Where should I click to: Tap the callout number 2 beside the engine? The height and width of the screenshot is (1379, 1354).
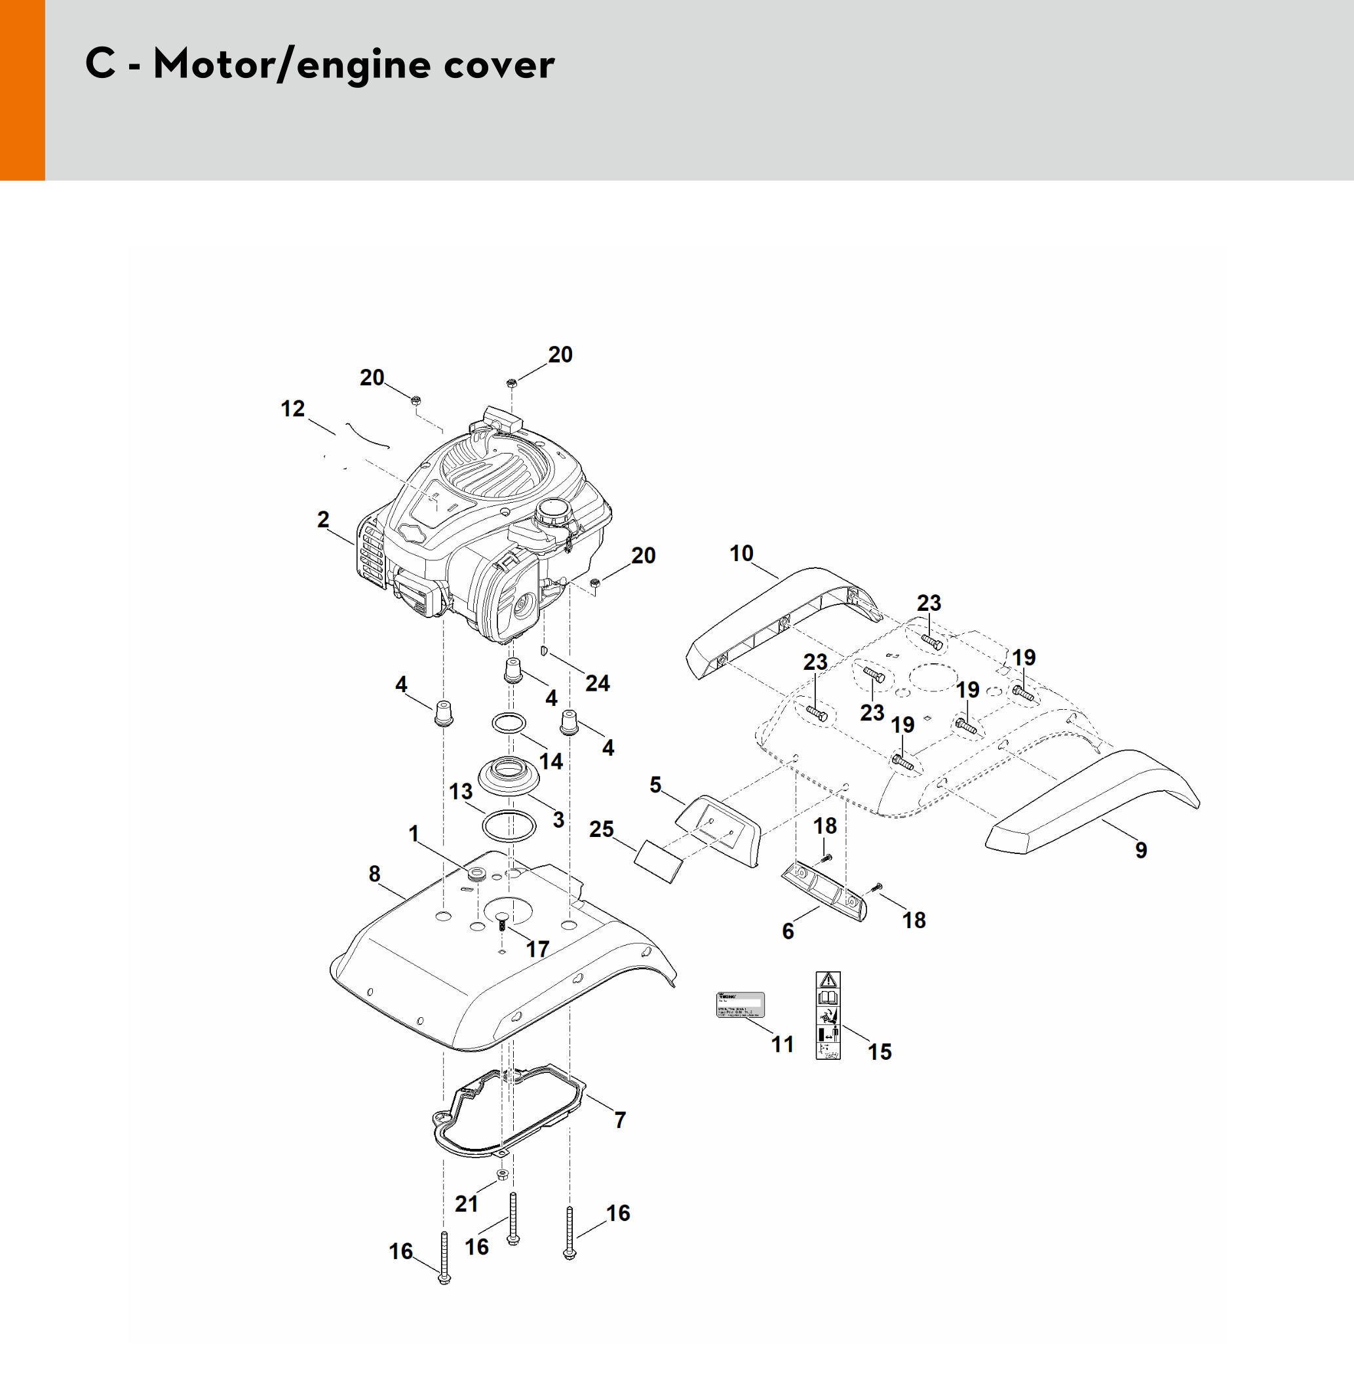[x=324, y=520]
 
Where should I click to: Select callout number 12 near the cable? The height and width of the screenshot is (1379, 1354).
[x=292, y=409]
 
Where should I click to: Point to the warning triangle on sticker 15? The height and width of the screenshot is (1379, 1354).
[x=828, y=980]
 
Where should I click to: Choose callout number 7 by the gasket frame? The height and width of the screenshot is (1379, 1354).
[x=620, y=1120]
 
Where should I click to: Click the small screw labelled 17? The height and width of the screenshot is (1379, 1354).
[x=502, y=924]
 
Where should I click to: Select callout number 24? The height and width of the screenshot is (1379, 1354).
[x=597, y=684]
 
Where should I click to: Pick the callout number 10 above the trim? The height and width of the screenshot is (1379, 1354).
[x=741, y=553]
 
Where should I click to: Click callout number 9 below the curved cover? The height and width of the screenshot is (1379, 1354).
[x=1140, y=850]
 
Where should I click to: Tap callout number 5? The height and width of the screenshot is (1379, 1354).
[x=655, y=785]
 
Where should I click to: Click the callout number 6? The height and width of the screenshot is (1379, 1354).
[x=788, y=931]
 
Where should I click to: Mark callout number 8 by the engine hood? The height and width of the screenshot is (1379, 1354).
[x=375, y=874]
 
